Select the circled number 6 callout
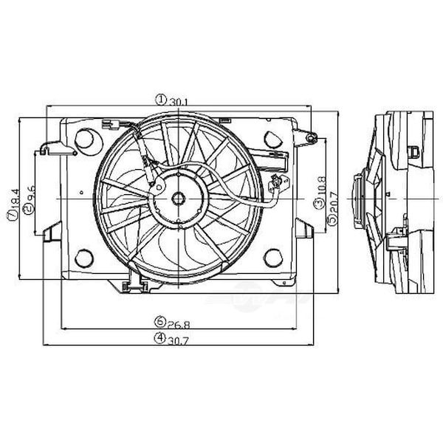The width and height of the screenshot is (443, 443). [x=159, y=322]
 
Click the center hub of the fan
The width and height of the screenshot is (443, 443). [x=178, y=199]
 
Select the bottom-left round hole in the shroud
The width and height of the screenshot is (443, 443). [x=84, y=257]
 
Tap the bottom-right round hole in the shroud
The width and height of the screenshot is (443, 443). [x=272, y=257]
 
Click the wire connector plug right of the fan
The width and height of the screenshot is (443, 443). [x=277, y=183]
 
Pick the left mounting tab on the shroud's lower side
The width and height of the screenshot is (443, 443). [x=52, y=230]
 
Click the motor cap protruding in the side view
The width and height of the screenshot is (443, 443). [x=359, y=198]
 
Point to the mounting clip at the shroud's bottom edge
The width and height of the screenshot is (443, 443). [x=135, y=279]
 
